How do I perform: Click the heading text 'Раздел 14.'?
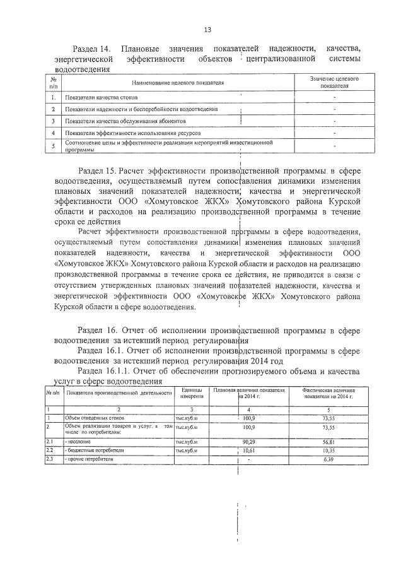point(93,49)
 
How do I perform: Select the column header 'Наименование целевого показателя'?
point(178,83)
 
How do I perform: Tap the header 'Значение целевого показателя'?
point(334,83)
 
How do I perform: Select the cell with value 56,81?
point(327,442)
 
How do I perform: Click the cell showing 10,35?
point(327,450)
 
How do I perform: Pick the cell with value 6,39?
point(327,459)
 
